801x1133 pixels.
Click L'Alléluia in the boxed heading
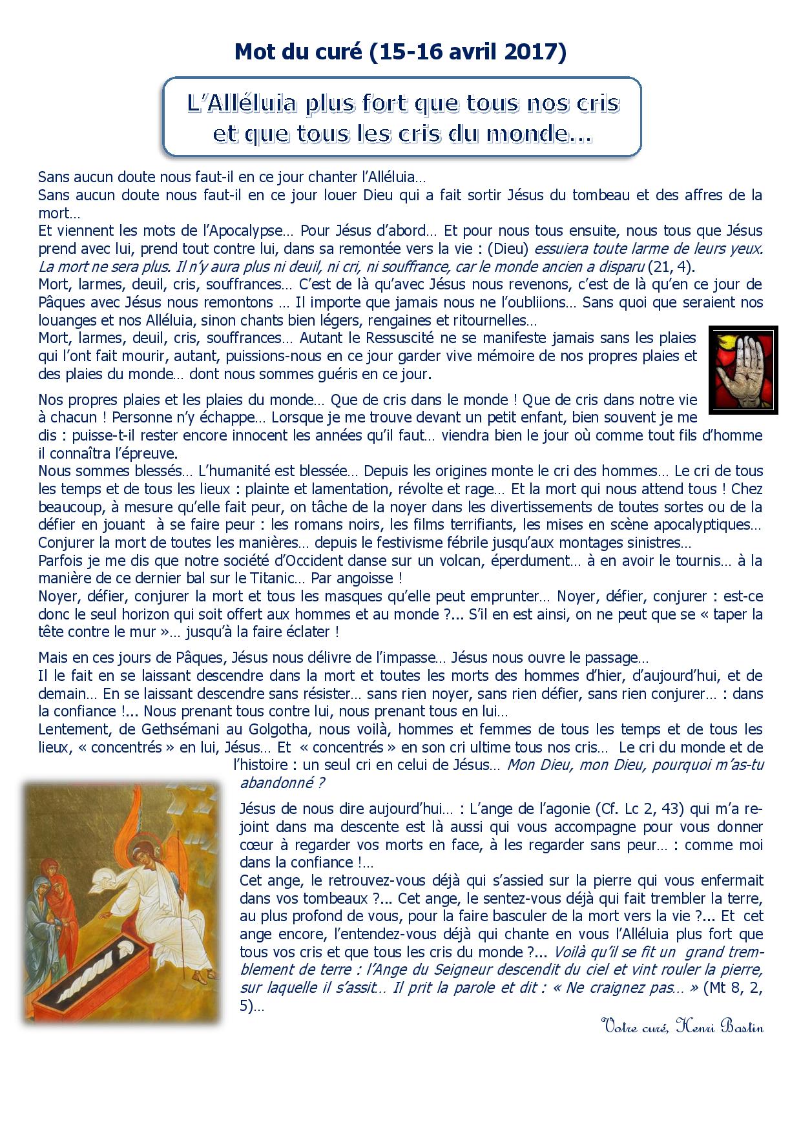click(x=241, y=103)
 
